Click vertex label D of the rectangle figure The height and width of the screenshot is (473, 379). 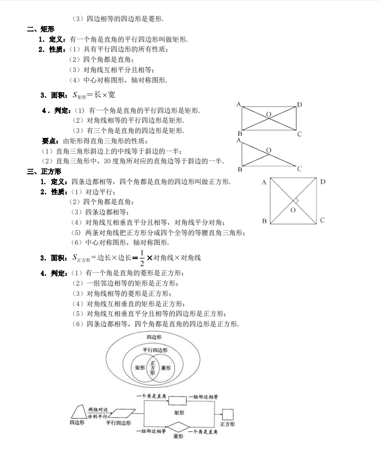(299, 104)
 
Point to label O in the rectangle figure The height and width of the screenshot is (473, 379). (268, 114)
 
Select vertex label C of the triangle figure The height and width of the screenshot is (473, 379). (299, 169)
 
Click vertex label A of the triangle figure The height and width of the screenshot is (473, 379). (238, 140)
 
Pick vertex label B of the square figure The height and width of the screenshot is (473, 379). (264, 221)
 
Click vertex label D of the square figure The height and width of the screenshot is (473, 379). (323, 181)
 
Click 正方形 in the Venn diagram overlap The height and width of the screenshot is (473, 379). (152, 368)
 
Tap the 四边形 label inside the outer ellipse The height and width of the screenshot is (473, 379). (154, 337)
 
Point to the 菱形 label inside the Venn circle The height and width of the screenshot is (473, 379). (166, 368)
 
